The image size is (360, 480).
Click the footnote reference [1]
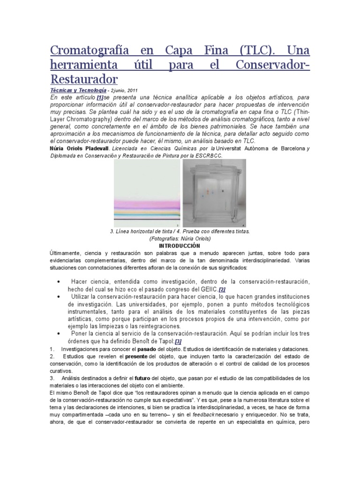(99, 97)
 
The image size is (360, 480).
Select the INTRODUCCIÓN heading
(180, 246)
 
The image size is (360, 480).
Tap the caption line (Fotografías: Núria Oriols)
(180, 239)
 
